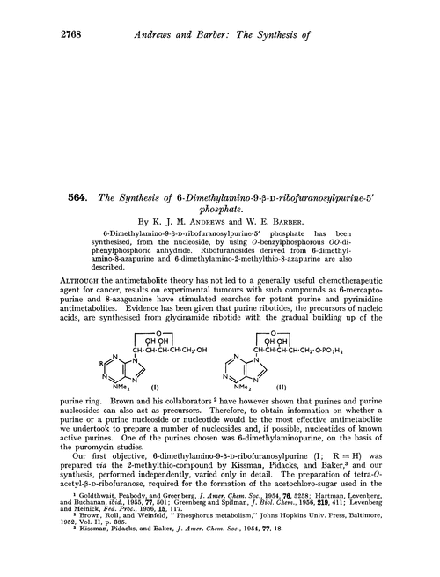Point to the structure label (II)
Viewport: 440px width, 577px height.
[308, 359]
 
